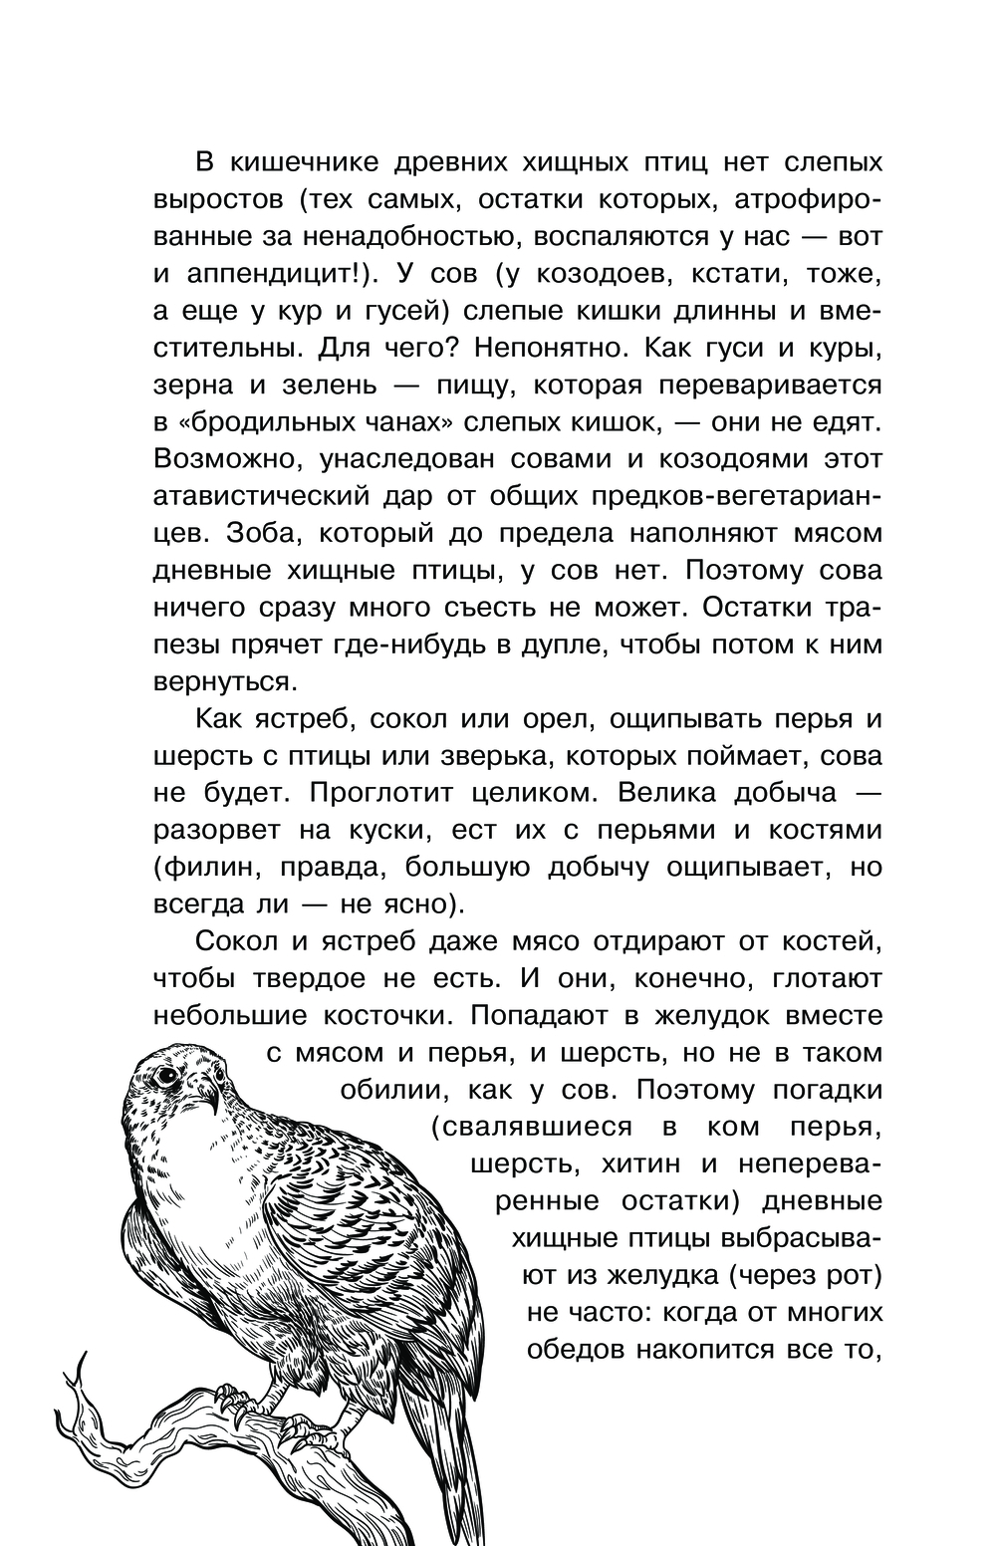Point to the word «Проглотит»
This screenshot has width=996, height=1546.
pyautogui.click(x=387, y=792)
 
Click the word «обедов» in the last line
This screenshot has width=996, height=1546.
pyautogui.click(x=579, y=1349)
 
